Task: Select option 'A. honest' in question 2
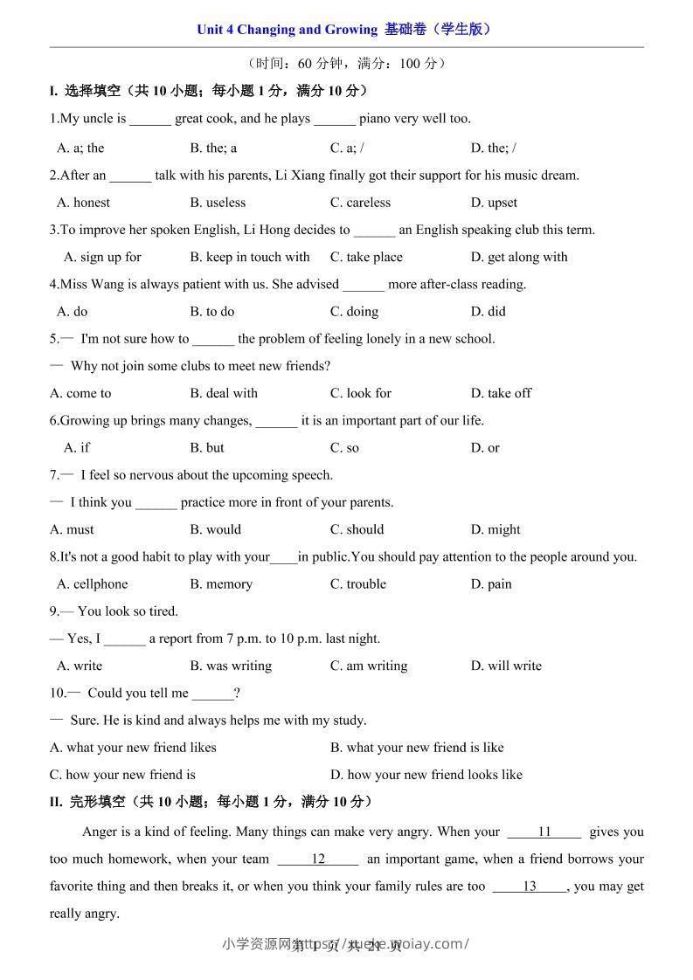pyautogui.click(x=84, y=203)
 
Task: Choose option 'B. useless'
pyautogui.click(x=218, y=203)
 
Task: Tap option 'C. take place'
pyautogui.click(x=366, y=257)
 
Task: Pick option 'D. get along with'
pyautogui.click(x=519, y=257)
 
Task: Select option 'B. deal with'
pyautogui.click(x=224, y=393)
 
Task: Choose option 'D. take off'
pyautogui.click(x=501, y=393)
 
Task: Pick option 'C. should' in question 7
pyautogui.click(x=357, y=529)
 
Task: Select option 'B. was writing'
pyautogui.click(x=231, y=666)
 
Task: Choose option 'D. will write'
pyautogui.click(x=506, y=666)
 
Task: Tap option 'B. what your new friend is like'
pyautogui.click(x=417, y=748)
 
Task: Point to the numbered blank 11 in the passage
pyautogui.click(x=544, y=832)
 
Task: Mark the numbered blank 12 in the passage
pyautogui.click(x=318, y=859)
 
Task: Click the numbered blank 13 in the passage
pyautogui.click(x=530, y=886)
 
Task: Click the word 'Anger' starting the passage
pyautogui.click(x=100, y=832)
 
